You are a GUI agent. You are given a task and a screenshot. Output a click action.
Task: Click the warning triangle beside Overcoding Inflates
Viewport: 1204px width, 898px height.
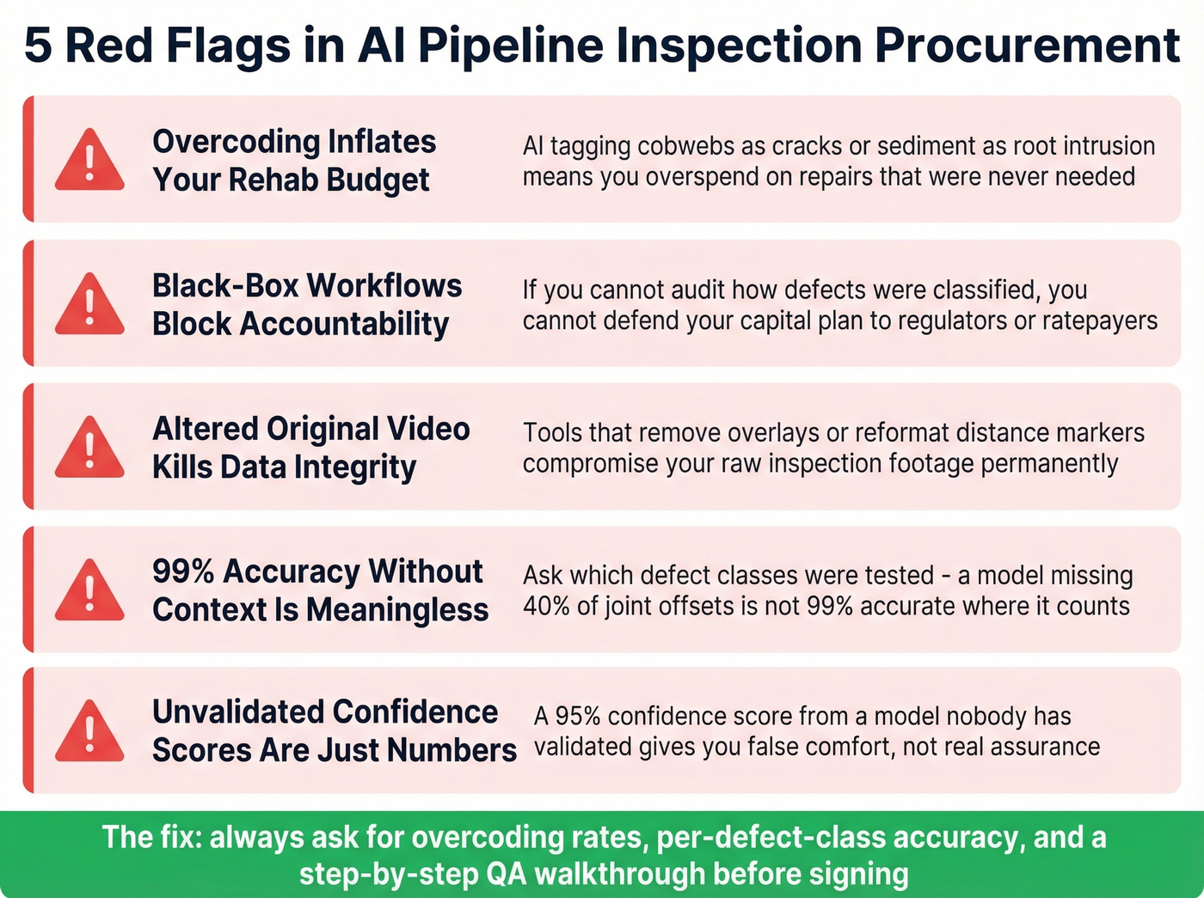(x=89, y=162)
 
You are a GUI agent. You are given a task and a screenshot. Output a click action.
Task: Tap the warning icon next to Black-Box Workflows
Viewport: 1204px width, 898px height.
(x=89, y=306)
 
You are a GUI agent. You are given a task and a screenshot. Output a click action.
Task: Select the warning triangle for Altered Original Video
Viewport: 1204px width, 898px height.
(x=89, y=449)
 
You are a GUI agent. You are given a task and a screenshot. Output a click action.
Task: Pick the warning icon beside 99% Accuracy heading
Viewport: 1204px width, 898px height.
(x=89, y=592)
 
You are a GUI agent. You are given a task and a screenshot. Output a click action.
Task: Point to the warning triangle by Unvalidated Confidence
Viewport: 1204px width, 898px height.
(x=89, y=733)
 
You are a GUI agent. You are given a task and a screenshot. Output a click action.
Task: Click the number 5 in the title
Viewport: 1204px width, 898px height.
(x=38, y=46)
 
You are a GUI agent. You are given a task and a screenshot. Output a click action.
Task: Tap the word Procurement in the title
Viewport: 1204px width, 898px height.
(x=1027, y=46)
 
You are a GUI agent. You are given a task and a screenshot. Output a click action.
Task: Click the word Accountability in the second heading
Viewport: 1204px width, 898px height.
(x=343, y=324)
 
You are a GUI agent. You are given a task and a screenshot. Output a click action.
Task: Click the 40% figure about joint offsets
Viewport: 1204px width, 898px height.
(x=546, y=606)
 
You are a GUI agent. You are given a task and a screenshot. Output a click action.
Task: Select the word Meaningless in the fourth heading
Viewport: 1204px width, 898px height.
(x=396, y=609)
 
